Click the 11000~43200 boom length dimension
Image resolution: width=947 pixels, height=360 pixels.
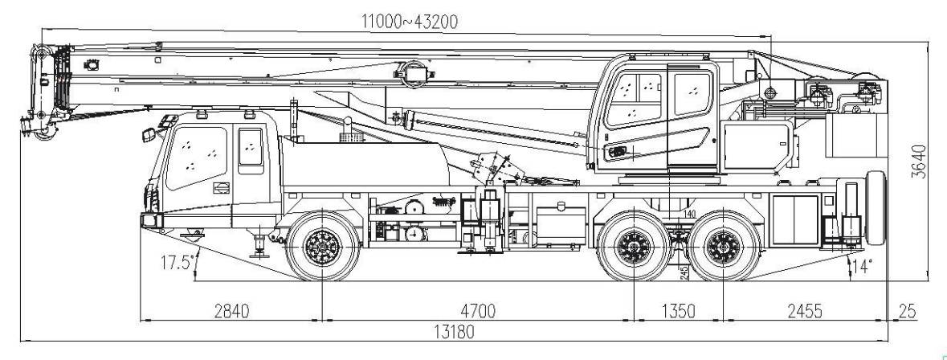coord(410,22)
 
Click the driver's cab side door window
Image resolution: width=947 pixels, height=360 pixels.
coord(251,148)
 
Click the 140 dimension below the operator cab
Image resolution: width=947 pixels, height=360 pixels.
coord(690,214)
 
